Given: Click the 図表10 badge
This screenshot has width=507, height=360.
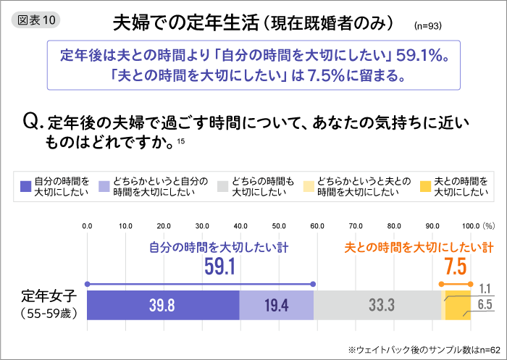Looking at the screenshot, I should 36,20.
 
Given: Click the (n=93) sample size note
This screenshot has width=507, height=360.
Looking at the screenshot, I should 427,26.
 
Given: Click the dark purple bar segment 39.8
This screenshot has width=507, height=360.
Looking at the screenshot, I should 163,305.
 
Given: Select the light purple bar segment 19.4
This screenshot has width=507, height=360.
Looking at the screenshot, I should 276,305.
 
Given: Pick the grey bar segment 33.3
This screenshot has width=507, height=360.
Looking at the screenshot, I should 377,305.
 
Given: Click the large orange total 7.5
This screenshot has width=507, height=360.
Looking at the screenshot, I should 455,267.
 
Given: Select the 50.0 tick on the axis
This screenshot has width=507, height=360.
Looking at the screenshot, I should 279,226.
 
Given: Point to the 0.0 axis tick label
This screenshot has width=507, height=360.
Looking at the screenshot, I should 87,226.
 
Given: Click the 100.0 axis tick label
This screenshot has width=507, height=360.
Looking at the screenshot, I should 470,226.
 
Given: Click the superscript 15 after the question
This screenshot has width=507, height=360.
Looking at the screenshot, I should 180,141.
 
